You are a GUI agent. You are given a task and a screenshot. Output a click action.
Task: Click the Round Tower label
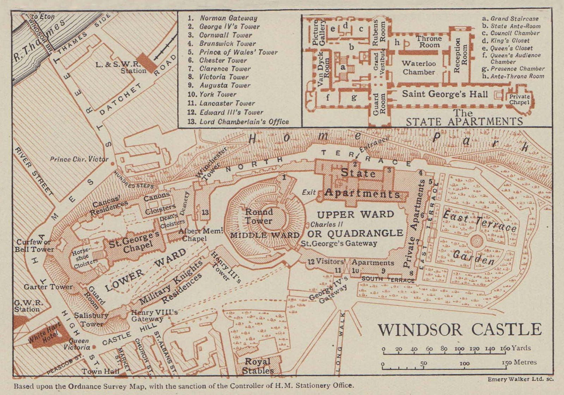pos(259,216)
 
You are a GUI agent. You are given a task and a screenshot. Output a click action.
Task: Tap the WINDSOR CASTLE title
pos(460,330)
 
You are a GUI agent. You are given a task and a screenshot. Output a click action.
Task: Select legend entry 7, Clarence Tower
pos(225,69)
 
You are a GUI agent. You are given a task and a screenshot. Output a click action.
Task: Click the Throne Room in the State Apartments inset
pos(429,42)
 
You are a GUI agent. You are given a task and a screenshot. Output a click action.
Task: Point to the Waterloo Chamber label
pos(419,68)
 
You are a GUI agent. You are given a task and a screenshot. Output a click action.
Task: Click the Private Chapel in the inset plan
pos(519,99)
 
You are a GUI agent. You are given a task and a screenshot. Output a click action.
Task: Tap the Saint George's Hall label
pos(445,94)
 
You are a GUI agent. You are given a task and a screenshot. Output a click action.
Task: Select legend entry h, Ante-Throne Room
pos(513,76)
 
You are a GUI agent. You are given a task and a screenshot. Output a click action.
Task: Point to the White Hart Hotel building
pos(45,335)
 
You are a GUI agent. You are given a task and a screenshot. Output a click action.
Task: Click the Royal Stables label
pos(258,366)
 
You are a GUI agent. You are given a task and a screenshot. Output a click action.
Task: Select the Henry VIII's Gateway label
pos(154,315)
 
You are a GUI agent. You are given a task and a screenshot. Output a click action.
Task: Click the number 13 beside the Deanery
pos(205,212)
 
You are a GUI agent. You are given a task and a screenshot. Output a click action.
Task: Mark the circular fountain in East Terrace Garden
pos(477,241)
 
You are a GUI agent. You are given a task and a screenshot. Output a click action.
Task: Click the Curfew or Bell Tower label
pos(34,246)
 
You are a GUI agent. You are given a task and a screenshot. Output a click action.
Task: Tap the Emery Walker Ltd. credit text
pos(520,379)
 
